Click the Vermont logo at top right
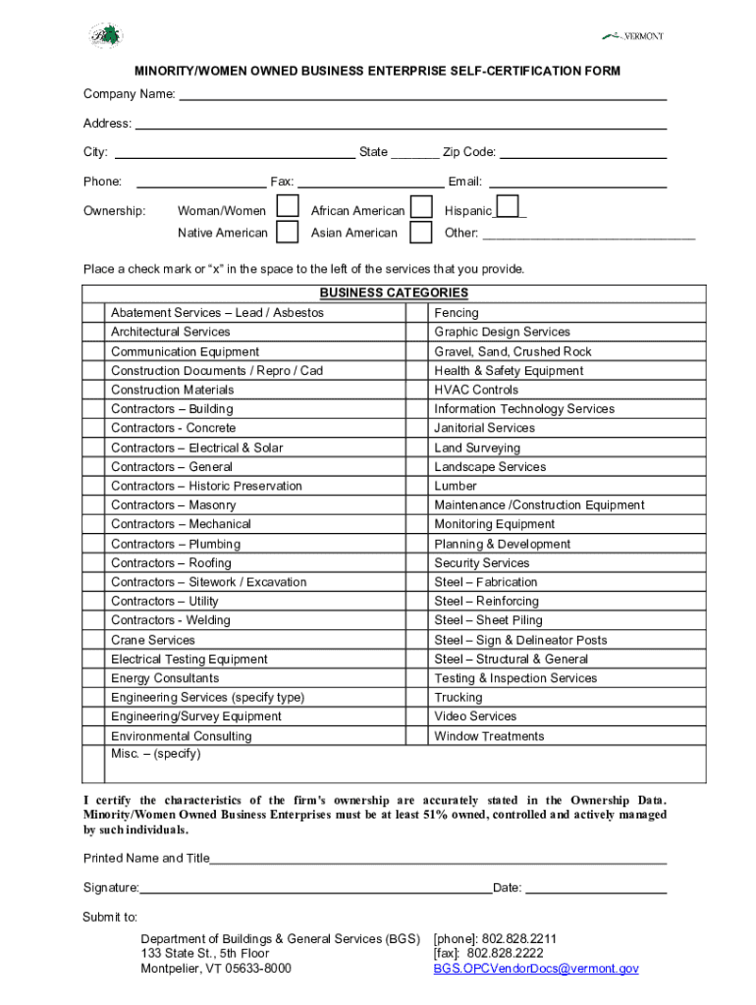[x=633, y=36]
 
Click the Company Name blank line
[x=422, y=94]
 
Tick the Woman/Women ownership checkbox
[x=288, y=207]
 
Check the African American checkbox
[x=420, y=207]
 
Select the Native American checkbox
[x=288, y=233]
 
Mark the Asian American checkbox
[x=420, y=233]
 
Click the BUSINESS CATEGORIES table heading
[x=394, y=293]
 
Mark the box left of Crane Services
[x=94, y=640]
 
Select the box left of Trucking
[x=417, y=698]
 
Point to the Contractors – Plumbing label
[x=175, y=544]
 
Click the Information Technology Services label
[x=524, y=409]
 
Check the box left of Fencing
[x=417, y=313]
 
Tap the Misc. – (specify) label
[x=155, y=754]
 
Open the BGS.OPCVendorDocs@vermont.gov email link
[x=536, y=969]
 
